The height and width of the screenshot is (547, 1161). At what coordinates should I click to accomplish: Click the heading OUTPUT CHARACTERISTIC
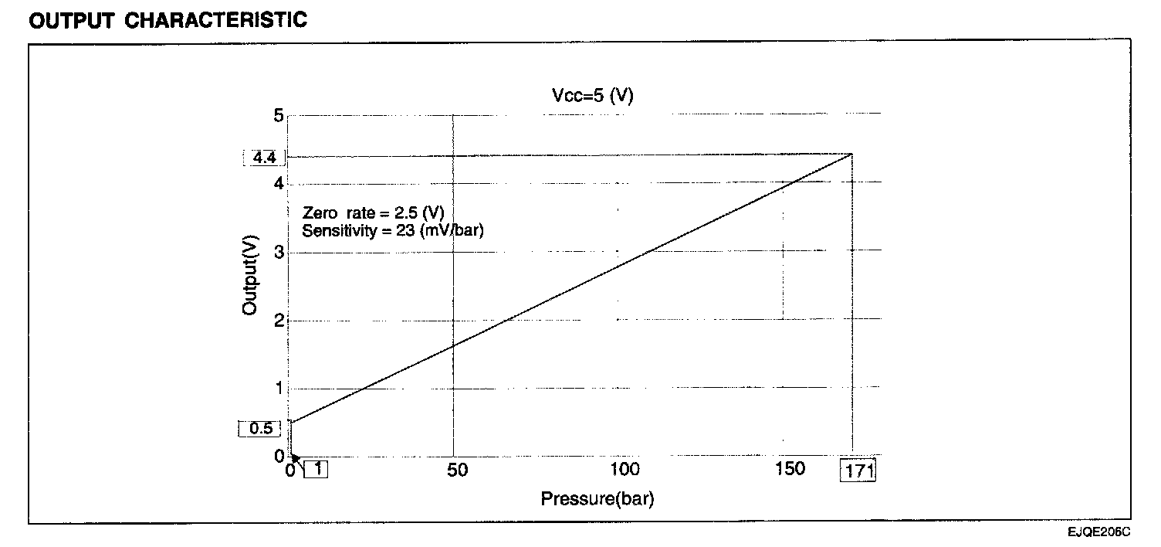168,20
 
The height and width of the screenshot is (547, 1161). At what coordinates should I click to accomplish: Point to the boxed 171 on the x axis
858,471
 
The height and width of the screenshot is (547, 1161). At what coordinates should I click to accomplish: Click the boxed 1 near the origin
316,469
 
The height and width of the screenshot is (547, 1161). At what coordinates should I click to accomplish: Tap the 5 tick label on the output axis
279,116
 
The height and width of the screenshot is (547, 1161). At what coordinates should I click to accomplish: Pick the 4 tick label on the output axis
279,184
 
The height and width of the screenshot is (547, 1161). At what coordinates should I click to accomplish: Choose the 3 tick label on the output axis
279,252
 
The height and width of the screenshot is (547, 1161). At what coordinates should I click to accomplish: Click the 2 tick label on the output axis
279,320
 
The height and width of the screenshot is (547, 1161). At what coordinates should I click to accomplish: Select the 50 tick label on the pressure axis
457,470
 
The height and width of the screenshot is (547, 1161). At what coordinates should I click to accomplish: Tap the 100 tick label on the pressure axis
625,470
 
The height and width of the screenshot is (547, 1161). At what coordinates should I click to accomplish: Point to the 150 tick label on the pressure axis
789,469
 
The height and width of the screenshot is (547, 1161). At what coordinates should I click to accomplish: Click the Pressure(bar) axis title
597,499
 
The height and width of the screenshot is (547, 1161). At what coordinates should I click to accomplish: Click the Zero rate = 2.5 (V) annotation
374,213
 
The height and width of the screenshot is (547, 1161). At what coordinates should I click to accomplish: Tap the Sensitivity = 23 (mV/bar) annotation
393,229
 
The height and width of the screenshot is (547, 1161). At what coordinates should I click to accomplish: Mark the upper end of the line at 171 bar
852,155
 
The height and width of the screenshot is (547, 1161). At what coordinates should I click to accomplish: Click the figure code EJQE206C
1099,532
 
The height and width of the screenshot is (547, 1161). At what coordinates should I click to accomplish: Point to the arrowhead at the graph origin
294,458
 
